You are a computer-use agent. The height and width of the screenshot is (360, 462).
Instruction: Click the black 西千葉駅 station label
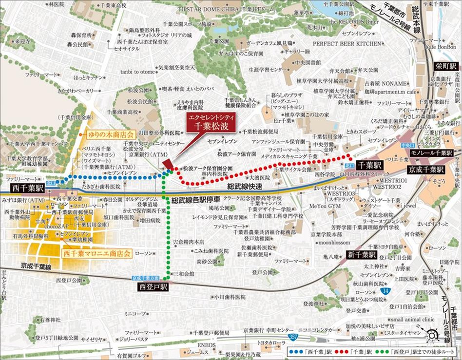(24, 188)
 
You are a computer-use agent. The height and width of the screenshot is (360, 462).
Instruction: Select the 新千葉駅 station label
(361, 255)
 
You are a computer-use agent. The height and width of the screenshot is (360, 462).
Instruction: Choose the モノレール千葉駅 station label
(432, 152)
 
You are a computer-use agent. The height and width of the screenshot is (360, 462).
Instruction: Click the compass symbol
(433, 336)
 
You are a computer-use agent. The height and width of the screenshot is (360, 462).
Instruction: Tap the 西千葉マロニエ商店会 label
(97, 254)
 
